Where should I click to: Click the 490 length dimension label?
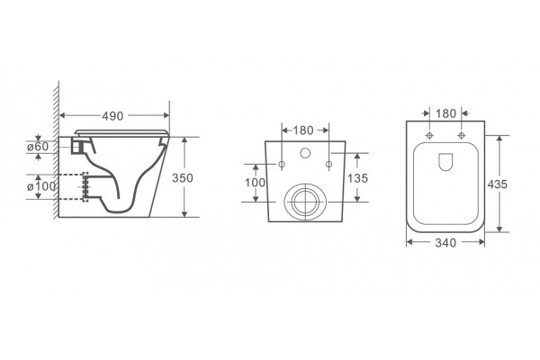pos(112,116)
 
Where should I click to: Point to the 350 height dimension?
pos(183,178)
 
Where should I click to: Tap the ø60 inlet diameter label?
pos(38,147)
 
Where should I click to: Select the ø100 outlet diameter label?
pos(41,186)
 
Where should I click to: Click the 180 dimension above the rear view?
pos(303,130)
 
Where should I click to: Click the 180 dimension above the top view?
pos(446,113)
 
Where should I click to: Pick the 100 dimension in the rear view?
pos(256,183)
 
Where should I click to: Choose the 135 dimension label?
pos(358,178)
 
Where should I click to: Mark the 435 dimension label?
pos(498,184)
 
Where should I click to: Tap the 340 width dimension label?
pos(445,243)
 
